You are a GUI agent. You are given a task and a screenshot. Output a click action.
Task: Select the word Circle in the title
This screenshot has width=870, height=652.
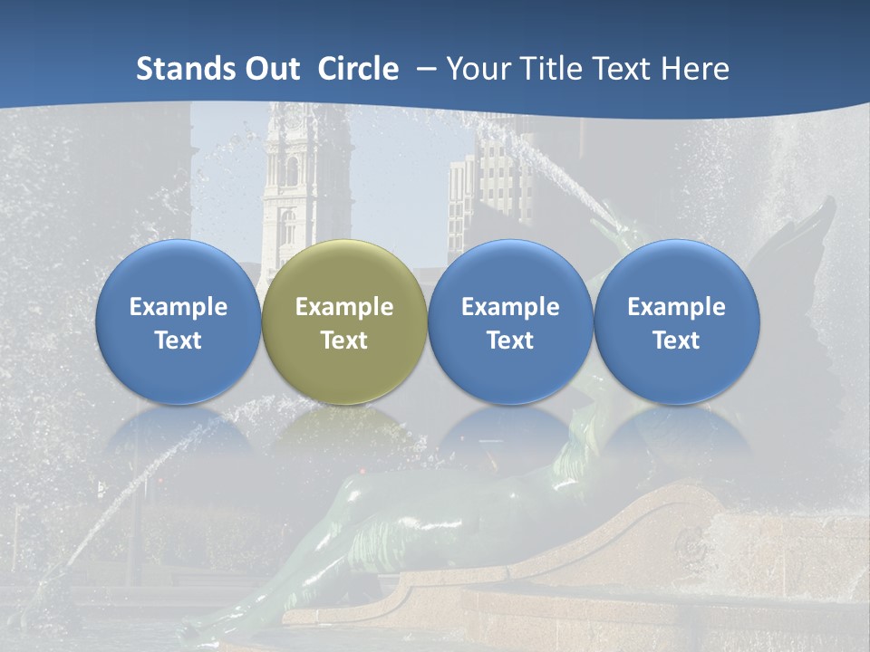pos(358,69)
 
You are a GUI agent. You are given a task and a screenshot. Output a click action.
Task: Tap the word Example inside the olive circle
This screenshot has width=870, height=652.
pos(344,307)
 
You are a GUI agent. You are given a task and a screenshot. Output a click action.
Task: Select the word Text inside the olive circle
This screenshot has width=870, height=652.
pos(344,340)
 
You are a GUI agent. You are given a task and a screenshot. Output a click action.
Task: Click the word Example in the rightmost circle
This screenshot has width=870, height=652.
pos(677,307)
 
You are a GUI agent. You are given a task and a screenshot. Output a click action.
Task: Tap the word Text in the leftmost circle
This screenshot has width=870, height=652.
pos(179,340)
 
